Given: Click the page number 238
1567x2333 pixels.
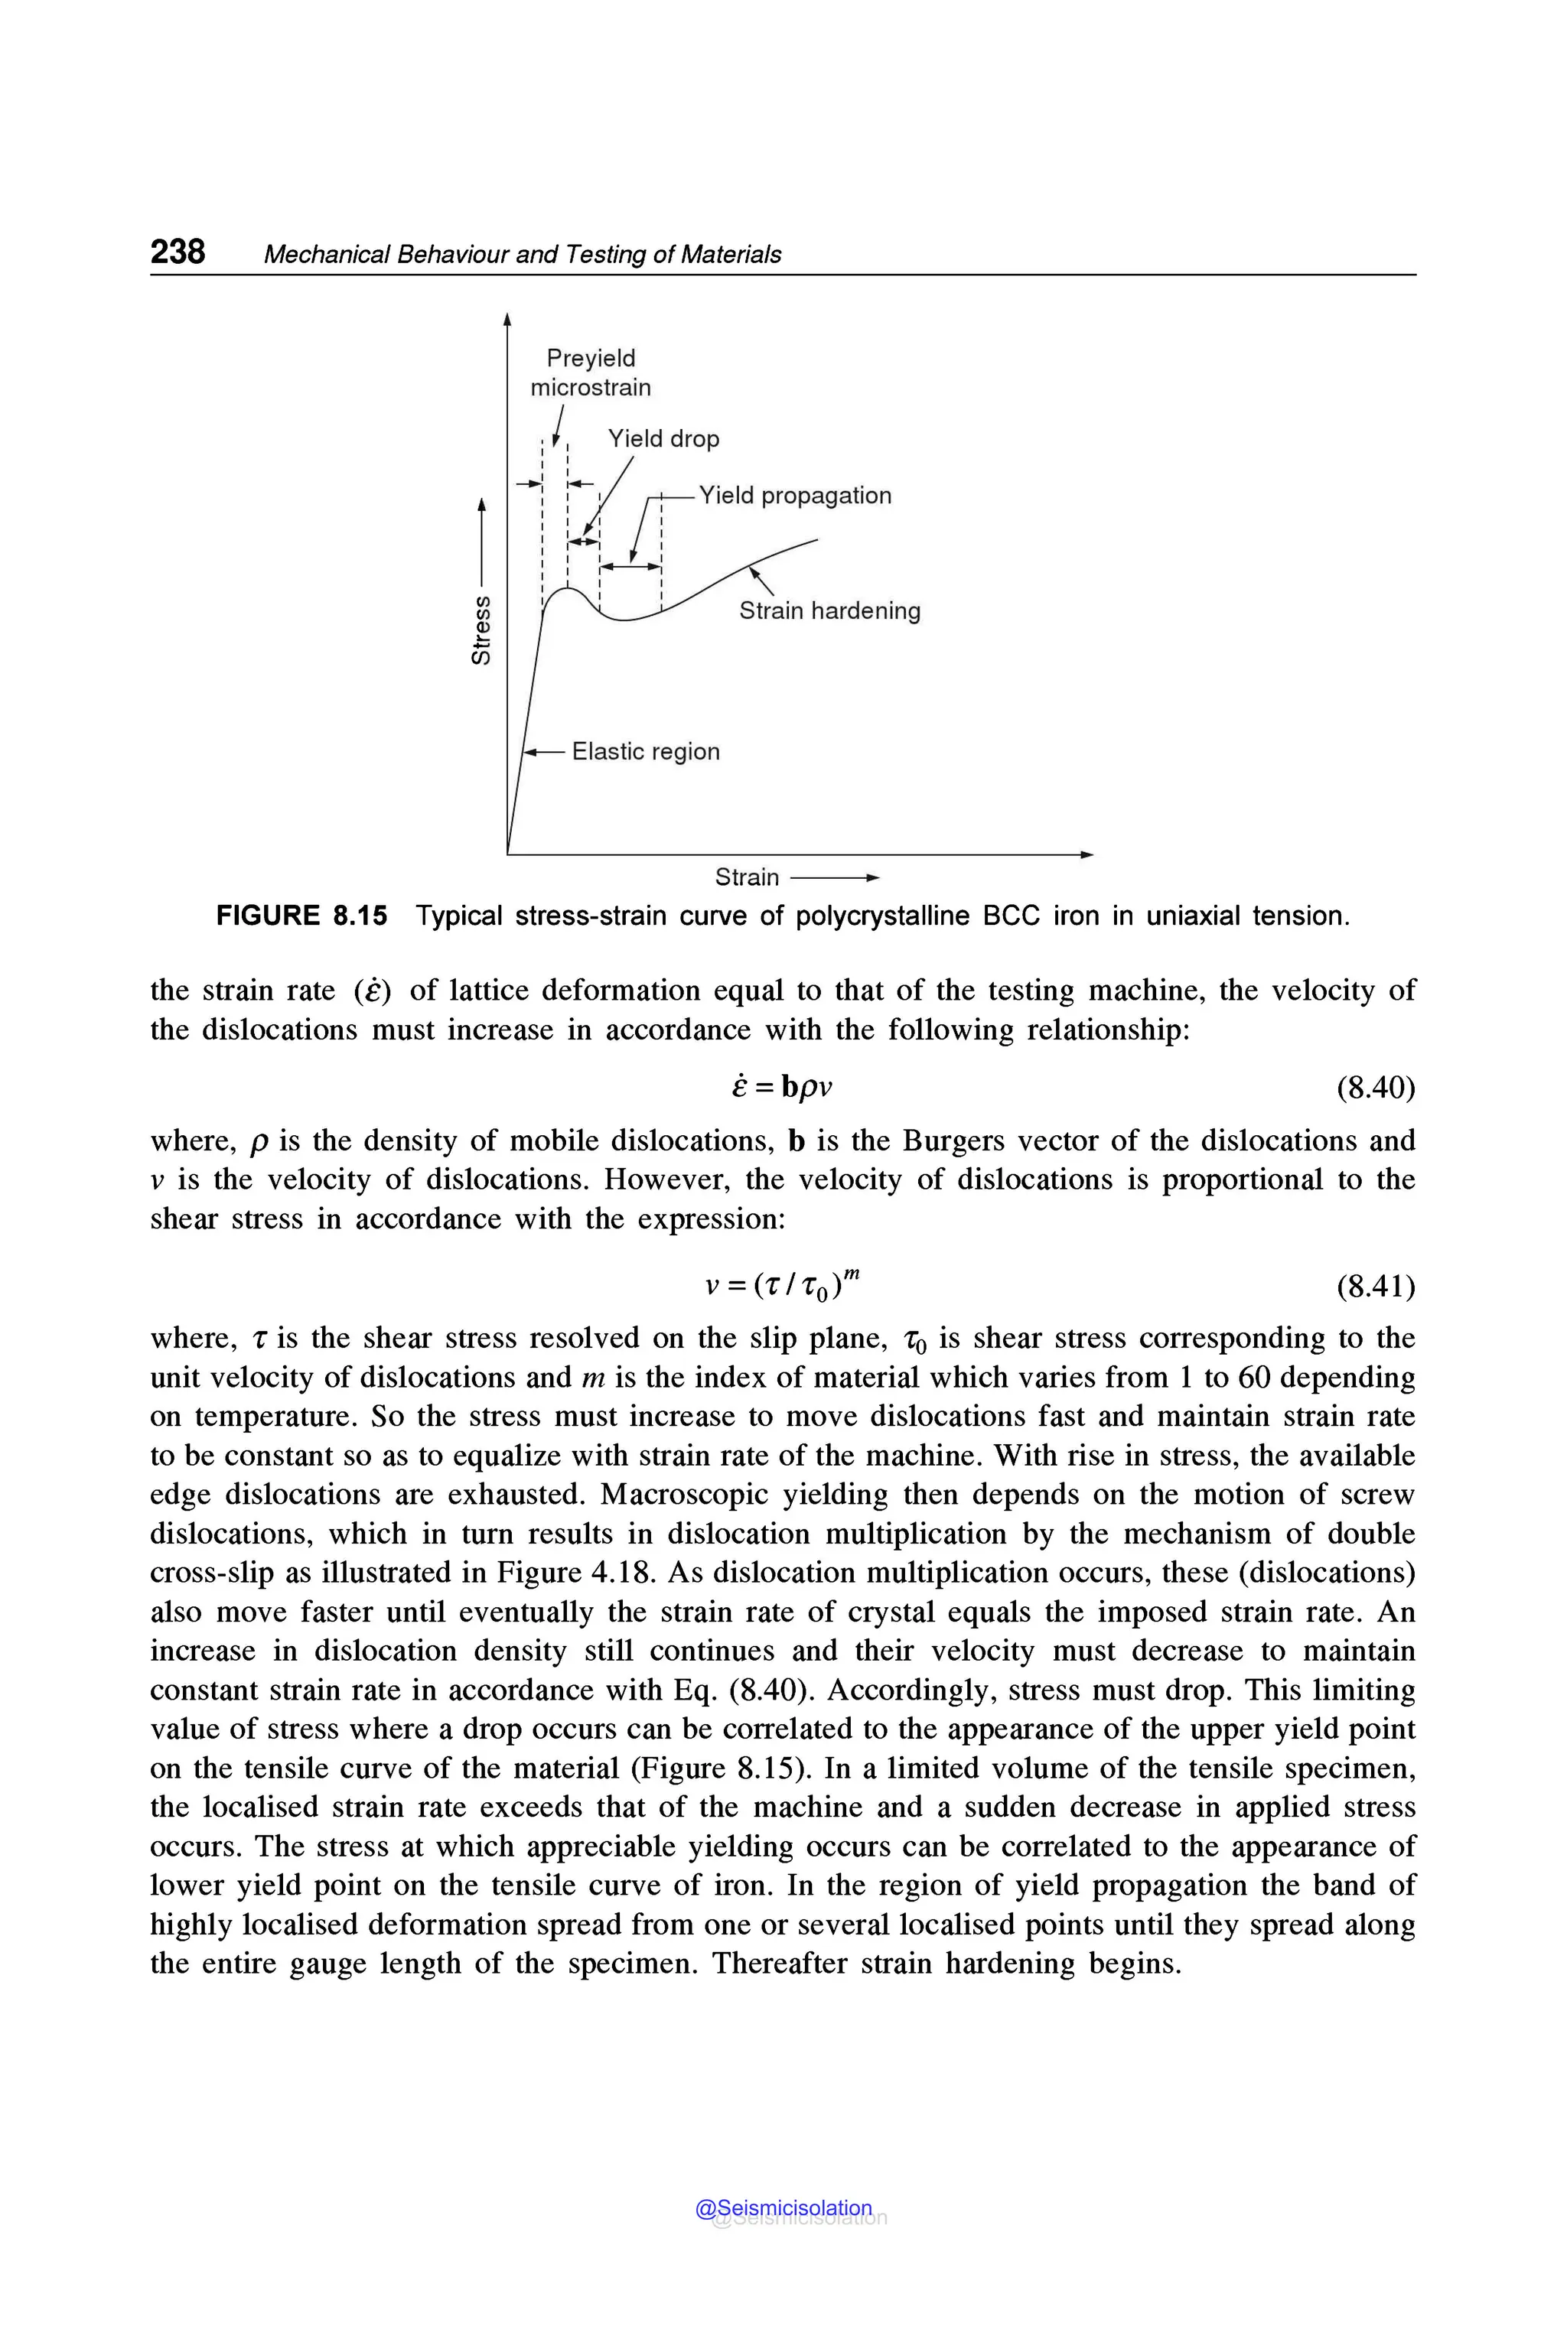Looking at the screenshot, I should [178, 251].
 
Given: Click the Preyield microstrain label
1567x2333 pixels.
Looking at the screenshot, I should [591, 373].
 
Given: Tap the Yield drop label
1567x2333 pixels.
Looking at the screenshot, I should [663, 438].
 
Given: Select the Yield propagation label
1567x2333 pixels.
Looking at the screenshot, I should [794, 496].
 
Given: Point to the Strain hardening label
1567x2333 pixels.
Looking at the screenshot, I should [829, 610].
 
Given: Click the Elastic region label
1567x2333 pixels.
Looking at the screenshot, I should [646, 751].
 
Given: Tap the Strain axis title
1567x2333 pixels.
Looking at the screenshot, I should [747, 877].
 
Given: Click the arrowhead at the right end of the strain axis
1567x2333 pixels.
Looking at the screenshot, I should [1087, 854].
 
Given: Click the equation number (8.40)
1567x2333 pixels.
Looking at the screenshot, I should [1375, 1087].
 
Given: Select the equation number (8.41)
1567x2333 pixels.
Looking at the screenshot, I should [1375, 1286].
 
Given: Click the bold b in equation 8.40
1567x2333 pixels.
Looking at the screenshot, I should [790, 1088].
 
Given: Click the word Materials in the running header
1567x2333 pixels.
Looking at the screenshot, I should [731, 255].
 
